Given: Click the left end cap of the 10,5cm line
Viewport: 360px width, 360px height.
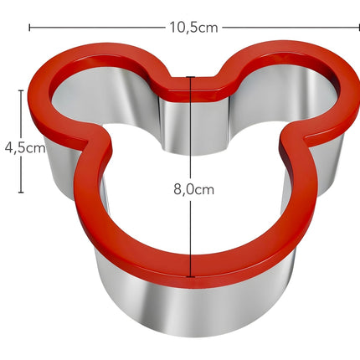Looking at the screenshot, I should (x=30, y=27).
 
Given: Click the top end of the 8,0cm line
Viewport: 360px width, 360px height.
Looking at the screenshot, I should (x=193, y=78).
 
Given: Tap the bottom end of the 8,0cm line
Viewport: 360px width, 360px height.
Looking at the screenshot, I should (x=193, y=276).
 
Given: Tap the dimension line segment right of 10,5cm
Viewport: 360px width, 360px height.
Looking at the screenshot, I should (x=285, y=27).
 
